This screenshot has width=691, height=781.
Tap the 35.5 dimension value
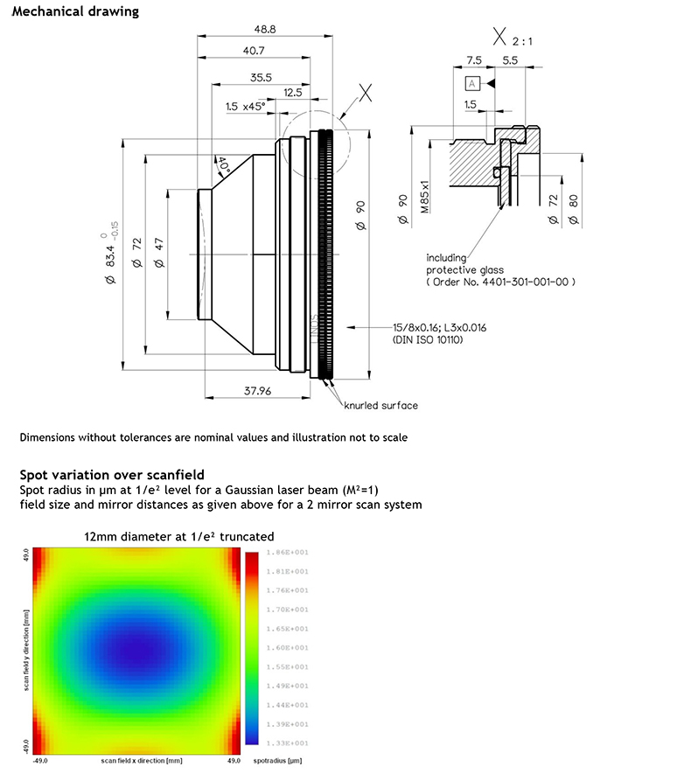tap(260, 78)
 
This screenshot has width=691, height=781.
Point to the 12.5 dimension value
tap(293, 93)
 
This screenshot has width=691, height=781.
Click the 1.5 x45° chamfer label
tap(244, 107)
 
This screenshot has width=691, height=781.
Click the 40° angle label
tap(224, 164)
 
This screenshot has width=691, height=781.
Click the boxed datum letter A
tap(473, 84)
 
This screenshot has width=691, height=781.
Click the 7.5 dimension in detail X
tap(474, 60)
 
